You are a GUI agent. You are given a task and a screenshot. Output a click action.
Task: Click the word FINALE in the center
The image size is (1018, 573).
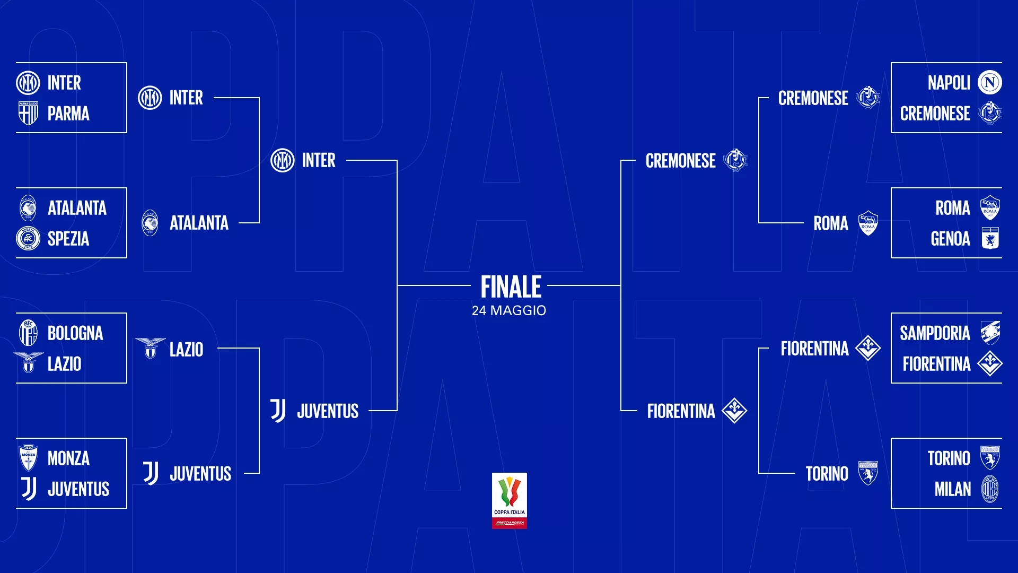tap(511, 287)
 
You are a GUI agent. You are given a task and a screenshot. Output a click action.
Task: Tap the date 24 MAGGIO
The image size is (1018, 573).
tap(509, 310)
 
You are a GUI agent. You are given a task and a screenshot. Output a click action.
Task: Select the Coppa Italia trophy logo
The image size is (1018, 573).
tap(510, 500)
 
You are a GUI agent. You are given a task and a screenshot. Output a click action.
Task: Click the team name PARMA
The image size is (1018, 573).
tap(68, 114)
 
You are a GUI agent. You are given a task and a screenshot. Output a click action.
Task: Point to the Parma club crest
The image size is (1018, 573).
tap(28, 113)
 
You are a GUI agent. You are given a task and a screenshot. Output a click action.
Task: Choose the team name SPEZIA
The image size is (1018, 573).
tap(68, 239)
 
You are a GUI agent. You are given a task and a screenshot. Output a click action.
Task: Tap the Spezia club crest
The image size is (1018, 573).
tap(28, 238)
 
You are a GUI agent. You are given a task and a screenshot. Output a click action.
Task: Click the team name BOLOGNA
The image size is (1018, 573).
tap(75, 333)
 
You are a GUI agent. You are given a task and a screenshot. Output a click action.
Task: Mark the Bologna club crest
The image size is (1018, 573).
tap(28, 333)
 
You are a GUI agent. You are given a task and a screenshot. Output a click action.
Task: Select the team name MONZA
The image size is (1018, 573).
tap(68, 458)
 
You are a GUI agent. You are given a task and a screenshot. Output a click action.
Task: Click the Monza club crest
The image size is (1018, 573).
tap(28, 457)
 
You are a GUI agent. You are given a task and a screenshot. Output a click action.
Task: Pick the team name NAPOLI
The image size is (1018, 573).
tap(949, 83)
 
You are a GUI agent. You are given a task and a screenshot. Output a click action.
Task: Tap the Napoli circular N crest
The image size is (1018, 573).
tap(989, 82)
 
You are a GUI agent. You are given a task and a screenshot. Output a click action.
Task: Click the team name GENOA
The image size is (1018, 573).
tap(950, 239)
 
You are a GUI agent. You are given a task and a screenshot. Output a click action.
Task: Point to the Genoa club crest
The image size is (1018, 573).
tap(990, 238)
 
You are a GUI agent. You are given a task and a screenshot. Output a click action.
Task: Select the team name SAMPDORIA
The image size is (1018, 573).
tap(935, 333)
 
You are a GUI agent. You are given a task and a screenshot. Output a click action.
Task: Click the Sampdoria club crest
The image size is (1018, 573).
tap(990, 333)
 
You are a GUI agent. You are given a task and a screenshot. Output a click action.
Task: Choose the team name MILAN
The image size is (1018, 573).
tap(952, 489)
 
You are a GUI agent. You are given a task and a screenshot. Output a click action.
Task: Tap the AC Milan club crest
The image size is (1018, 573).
tap(990, 489)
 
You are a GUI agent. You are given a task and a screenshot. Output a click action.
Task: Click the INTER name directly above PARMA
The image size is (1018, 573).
tap(64, 83)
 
